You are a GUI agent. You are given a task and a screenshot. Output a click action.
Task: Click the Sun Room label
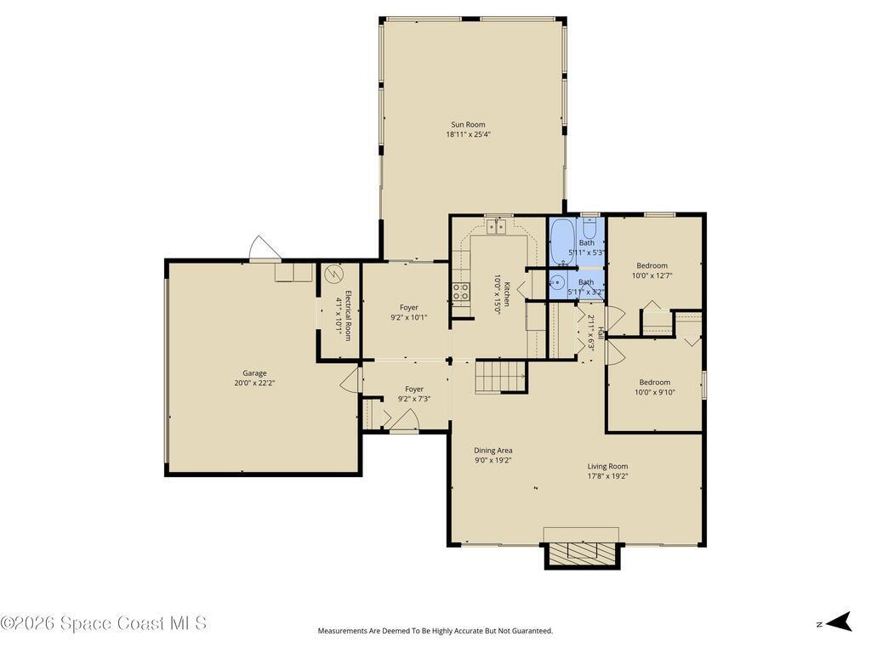468,124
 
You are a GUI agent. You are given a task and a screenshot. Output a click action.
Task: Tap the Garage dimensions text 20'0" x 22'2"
254,383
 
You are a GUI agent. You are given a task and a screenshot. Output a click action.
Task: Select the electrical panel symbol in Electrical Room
333,274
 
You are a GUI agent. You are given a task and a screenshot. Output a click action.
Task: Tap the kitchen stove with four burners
460,292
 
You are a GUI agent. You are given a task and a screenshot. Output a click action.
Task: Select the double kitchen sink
497,226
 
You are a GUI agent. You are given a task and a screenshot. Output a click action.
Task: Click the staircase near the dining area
500,377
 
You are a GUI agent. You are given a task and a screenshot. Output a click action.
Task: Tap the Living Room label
607,466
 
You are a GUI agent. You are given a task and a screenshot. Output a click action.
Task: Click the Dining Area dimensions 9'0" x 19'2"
493,461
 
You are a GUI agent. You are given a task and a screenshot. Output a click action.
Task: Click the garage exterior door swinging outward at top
264,248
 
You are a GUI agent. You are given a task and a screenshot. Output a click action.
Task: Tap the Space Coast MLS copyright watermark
104,623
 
